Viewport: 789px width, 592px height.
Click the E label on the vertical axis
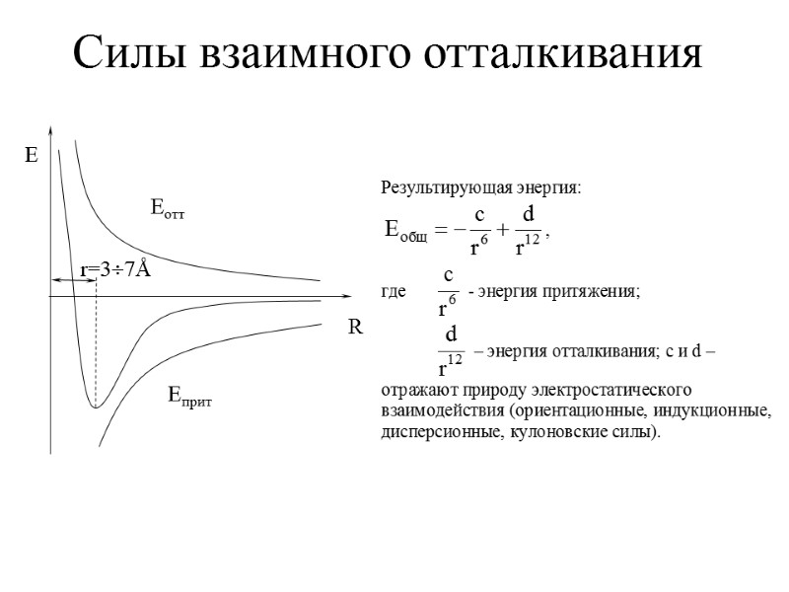click(x=31, y=156)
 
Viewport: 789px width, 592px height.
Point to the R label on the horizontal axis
click(x=355, y=330)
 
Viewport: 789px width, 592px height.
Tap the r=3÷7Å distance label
click(x=114, y=270)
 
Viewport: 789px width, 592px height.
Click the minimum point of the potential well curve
click(x=95, y=407)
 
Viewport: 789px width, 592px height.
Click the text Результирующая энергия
click(x=480, y=187)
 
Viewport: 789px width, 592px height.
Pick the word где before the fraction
click(x=393, y=293)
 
